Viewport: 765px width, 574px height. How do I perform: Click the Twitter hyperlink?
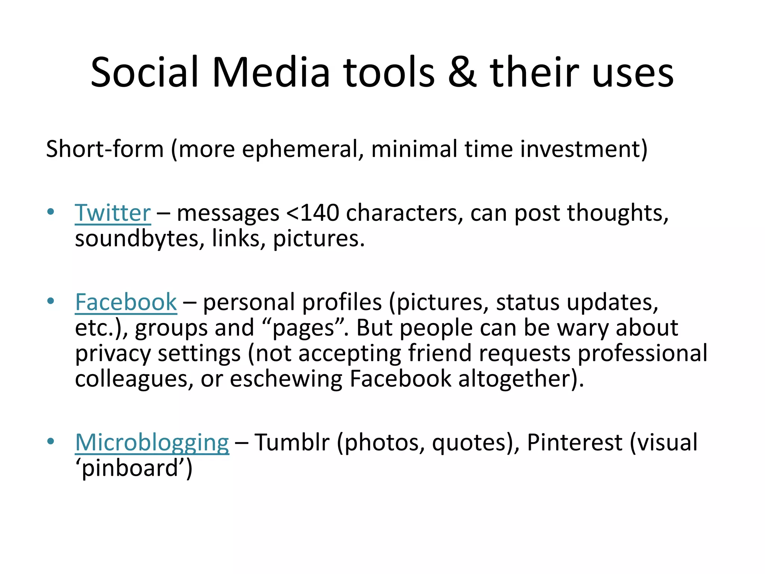[x=113, y=213]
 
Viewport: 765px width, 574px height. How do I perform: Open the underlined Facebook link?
[x=126, y=302]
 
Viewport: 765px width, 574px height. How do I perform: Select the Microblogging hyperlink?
[x=152, y=442]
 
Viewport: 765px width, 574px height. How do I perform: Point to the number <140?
[x=313, y=213]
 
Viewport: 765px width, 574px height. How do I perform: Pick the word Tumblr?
[x=292, y=442]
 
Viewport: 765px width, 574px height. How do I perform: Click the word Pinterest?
[x=574, y=442]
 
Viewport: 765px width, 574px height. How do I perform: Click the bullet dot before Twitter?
[x=51, y=212]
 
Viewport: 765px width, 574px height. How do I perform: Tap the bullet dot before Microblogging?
[x=51, y=441]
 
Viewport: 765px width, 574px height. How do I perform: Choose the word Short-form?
[x=105, y=149]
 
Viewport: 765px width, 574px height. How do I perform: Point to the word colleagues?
[x=134, y=379]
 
